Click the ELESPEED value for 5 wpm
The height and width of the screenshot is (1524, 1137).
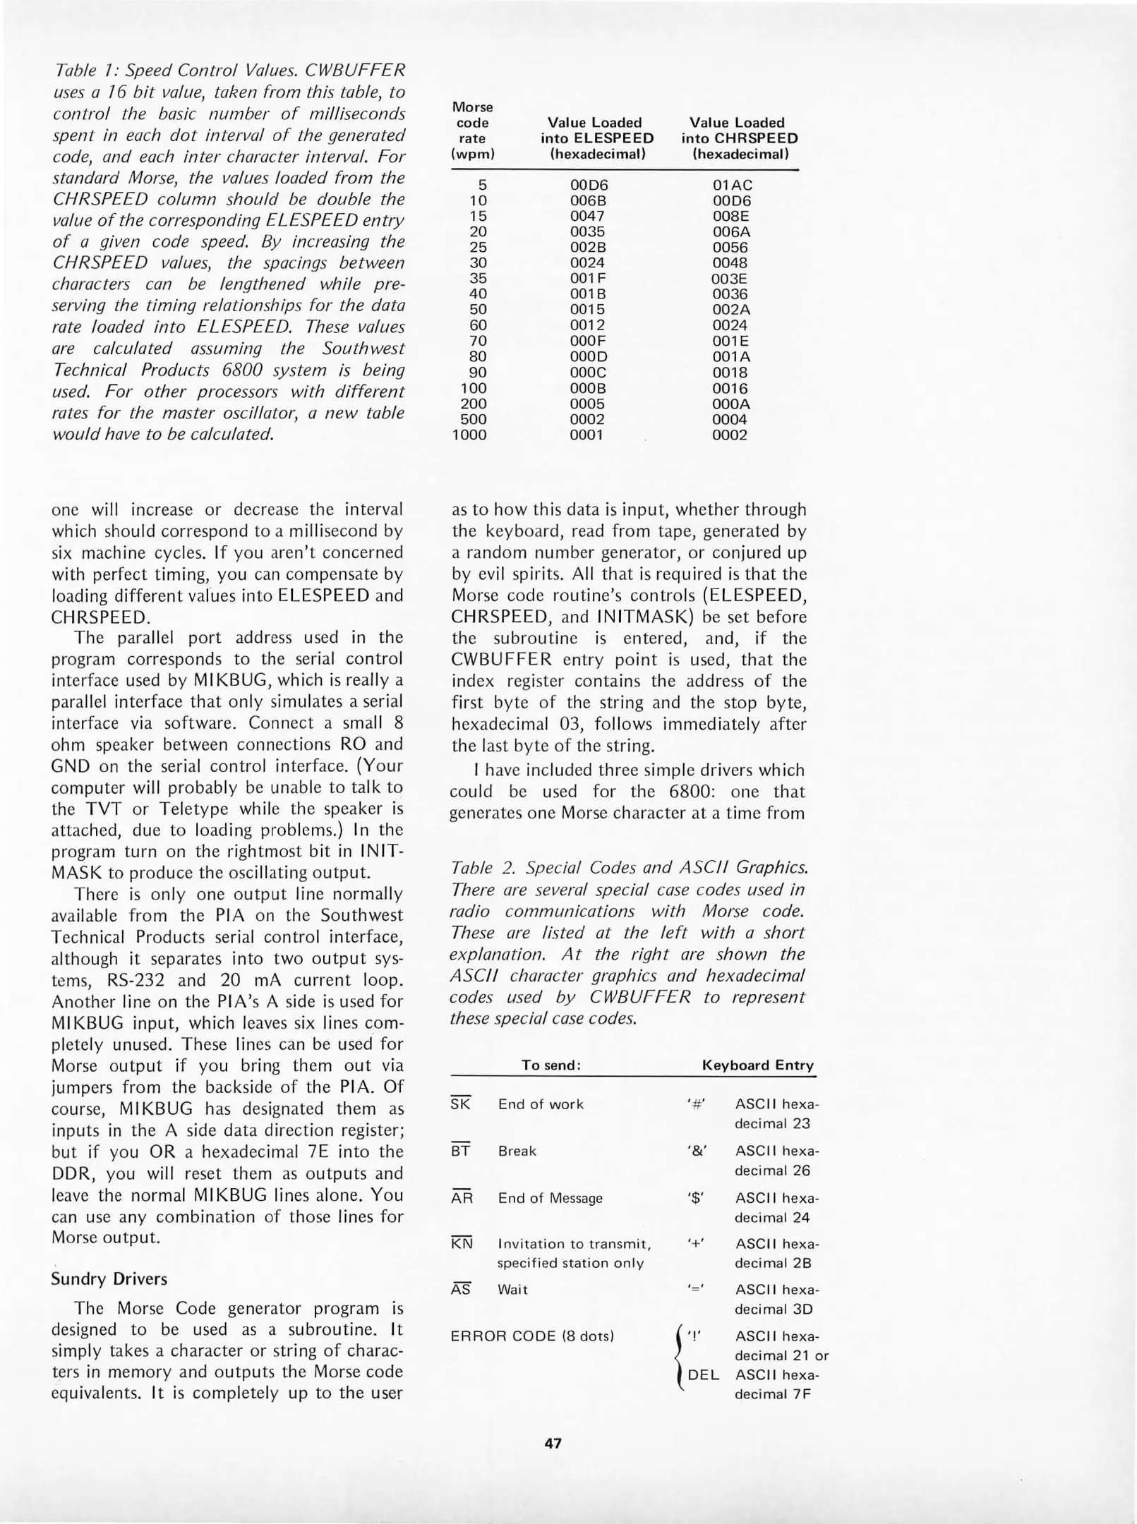(589, 185)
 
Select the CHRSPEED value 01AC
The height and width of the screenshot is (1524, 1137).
(732, 185)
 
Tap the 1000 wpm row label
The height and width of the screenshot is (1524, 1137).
(469, 435)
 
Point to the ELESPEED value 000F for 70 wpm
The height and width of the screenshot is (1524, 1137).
(587, 341)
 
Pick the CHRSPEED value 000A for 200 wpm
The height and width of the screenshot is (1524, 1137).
(731, 404)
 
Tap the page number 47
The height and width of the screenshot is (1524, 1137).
(553, 1443)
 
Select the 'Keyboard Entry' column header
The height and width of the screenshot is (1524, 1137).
(757, 1065)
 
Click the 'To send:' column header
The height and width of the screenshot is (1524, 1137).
(551, 1065)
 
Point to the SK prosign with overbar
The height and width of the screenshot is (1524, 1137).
(460, 1104)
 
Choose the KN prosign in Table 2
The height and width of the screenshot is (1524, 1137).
(462, 1243)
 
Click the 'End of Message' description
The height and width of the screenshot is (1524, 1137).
(551, 1198)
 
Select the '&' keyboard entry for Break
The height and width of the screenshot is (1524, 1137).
(696, 1151)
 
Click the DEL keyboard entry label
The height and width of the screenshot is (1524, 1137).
(704, 1374)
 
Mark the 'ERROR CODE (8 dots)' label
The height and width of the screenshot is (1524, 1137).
(532, 1336)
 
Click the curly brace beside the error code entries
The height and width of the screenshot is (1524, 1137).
(678, 1356)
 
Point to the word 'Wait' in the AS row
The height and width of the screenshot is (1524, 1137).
(512, 1289)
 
